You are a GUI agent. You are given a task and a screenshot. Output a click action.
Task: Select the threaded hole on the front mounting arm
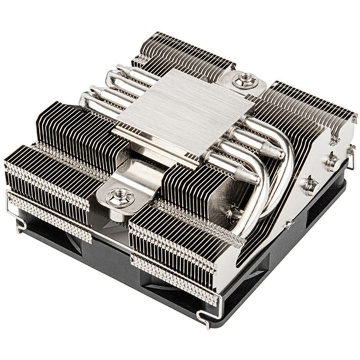[121, 198]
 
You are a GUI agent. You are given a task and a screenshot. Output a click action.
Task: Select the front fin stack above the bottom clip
[177, 251]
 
